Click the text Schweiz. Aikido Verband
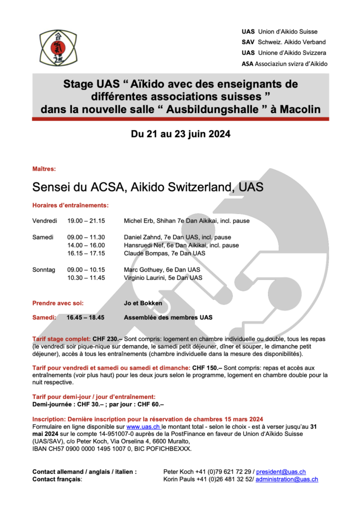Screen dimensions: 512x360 [x=291, y=42]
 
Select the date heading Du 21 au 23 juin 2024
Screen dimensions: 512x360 [x=180, y=134]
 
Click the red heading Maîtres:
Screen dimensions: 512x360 [x=44, y=169]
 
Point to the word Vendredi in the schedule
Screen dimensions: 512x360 [x=44, y=220]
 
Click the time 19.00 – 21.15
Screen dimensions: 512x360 [x=86, y=220]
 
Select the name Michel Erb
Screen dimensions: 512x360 [x=139, y=220]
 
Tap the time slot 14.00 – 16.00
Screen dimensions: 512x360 [x=86, y=245]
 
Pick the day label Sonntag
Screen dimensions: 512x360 [x=44, y=269]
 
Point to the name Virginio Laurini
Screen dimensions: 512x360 [x=145, y=277]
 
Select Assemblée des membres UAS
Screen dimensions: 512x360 [x=168, y=317]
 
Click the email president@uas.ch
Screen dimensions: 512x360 [x=280, y=471]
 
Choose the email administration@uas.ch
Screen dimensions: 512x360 [x=287, y=479]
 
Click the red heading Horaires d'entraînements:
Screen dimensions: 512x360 [x=70, y=205]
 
